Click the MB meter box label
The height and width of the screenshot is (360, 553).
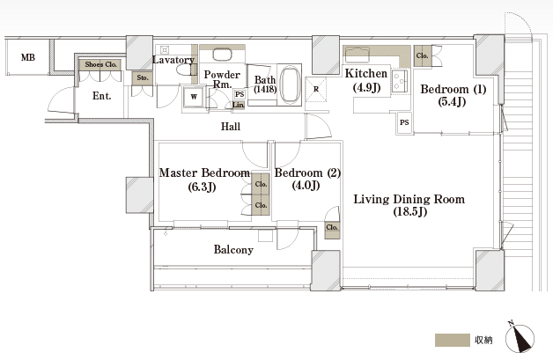tap(28, 57)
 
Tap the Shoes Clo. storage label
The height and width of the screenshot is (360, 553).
tap(100, 64)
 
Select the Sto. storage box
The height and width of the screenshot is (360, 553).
tap(143, 78)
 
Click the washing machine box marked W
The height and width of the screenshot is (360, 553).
tap(194, 97)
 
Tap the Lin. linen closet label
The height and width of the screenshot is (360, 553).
tap(239, 105)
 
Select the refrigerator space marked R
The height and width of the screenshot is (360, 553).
tap(316, 89)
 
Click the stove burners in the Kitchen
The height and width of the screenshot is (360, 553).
tap(400, 81)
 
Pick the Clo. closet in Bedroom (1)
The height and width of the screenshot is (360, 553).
tap(422, 55)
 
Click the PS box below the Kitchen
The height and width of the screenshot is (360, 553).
tap(404, 122)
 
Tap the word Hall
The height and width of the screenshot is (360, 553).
tap(231, 126)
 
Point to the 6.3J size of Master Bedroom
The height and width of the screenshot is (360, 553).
tap(202, 187)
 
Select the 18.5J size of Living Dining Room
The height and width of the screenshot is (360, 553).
tap(410, 211)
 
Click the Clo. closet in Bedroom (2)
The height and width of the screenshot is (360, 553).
tap(332, 230)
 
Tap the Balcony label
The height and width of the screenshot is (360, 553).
tap(233, 250)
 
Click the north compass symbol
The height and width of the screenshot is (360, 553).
tap(520, 337)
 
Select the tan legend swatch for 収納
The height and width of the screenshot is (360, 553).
tap(453, 340)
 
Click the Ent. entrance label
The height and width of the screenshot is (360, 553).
tap(101, 96)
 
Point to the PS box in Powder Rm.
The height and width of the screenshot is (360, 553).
tap(240, 94)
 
